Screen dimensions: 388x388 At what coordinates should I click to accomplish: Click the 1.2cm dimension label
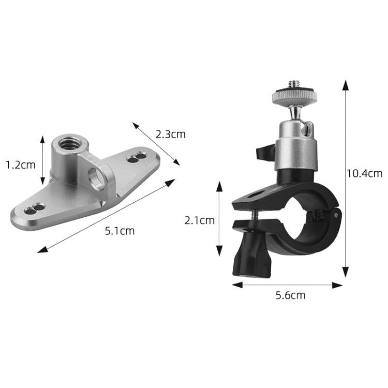(21, 165)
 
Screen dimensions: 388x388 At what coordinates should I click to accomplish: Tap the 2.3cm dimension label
(171, 135)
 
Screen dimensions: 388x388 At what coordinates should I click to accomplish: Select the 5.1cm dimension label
(120, 231)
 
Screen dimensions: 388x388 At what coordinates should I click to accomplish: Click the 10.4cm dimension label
(365, 173)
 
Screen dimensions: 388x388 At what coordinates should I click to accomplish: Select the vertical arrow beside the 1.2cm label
(43, 160)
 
